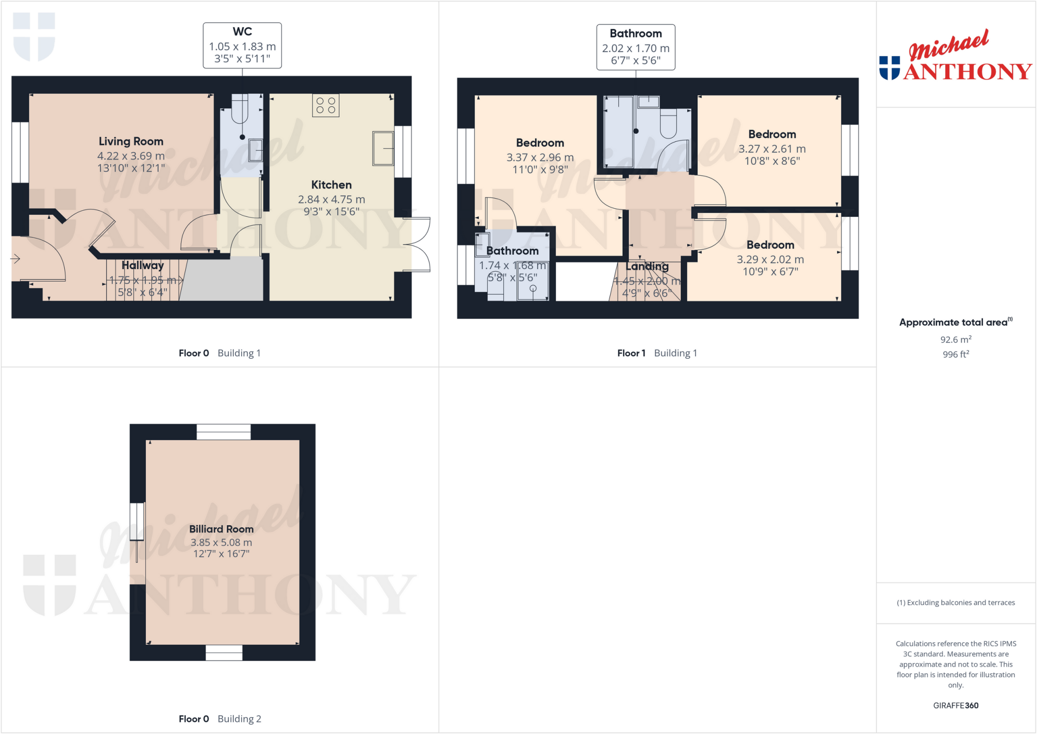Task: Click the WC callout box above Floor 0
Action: tap(242, 46)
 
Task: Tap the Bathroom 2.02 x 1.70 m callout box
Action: tap(635, 47)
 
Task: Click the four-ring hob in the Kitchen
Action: tap(326, 106)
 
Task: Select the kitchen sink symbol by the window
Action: tap(383, 148)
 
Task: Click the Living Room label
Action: tap(131, 141)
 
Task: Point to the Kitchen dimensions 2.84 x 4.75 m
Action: tap(331, 200)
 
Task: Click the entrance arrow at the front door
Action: tap(15, 259)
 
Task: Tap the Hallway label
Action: tap(143, 265)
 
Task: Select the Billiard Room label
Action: tap(221, 529)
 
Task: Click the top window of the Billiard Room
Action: tap(223, 432)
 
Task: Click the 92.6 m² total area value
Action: tap(955, 339)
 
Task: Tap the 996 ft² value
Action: tap(955, 354)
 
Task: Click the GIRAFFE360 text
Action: tap(955, 705)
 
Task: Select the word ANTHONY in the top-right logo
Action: tap(968, 72)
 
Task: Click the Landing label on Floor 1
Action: tap(647, 266)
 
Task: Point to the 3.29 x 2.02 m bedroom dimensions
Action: tap(770, 259)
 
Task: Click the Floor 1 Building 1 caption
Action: tap(657, 353)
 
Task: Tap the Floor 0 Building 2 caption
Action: tap(220, 718)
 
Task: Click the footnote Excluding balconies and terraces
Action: tap(955, 602)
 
